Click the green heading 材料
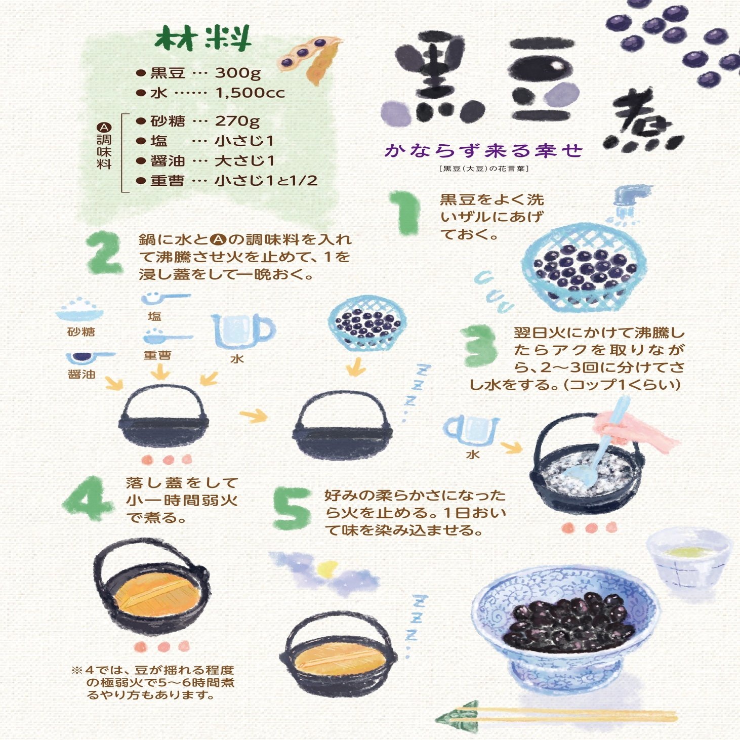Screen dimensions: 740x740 click(203, 38)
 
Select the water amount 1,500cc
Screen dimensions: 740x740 click(250, 93)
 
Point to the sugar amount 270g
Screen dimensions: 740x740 click(237, 121)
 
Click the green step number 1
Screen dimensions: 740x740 click(405, 213)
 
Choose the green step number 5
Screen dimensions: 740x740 click(292, 508)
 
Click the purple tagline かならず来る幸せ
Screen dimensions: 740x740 click(483, 150)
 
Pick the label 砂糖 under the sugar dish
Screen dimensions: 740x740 click(81, 332)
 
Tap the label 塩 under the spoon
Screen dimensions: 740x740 click(154, 317)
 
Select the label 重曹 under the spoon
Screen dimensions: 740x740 click(157, 355)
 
